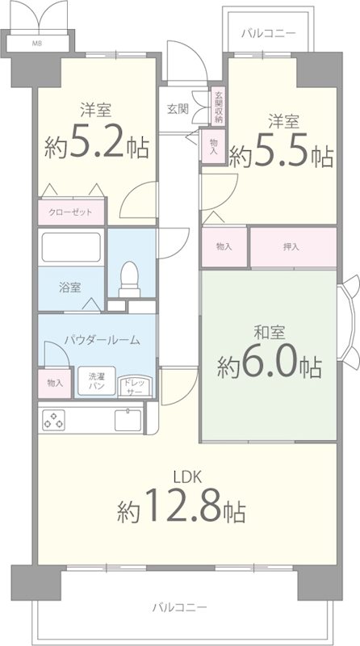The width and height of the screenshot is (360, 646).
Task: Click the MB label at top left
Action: (x=38, y=44)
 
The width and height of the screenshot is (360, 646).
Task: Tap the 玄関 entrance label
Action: (x=178, y=108)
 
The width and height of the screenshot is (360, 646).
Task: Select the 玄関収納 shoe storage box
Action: (x=218, y=106)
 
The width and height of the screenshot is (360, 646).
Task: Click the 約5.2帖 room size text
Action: (x=96, y=145)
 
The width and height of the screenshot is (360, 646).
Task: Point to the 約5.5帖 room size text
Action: (x=281, y=153)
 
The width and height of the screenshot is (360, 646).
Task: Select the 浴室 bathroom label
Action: (x=69, y=287)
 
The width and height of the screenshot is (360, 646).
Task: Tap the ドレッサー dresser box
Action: (x=132, y=385)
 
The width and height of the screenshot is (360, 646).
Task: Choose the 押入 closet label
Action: (x=293, y=246)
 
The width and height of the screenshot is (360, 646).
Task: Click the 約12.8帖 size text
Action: (x=181, y=510)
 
